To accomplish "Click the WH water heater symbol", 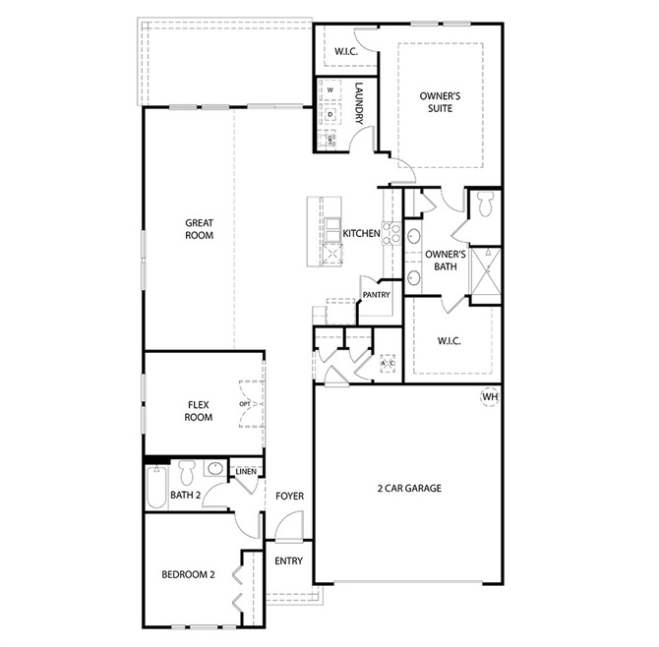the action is [490, 397].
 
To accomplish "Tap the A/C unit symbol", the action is [388, 363].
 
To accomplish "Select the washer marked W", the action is [329, 89].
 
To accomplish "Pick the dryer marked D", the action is [329, 114].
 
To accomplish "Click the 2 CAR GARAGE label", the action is [409, 488].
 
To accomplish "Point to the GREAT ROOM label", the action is [200, 229].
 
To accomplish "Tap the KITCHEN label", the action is [361, 233].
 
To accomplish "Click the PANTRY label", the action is [376, 295].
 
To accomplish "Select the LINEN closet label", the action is [246, 471].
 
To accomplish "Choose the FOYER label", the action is [289, 497].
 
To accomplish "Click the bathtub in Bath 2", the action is [156, 487].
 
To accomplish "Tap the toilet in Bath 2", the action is [187, 473].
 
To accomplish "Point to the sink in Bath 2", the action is [215, 468].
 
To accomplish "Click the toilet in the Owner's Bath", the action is [486, 205].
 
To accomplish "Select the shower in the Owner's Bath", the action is [487, 271].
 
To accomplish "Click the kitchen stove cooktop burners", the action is [391, 233].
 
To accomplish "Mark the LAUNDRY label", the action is [359, 103].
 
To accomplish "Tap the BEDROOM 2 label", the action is [188, 574].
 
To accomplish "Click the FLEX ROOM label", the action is [199, 411].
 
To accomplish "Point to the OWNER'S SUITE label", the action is [440, 102].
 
